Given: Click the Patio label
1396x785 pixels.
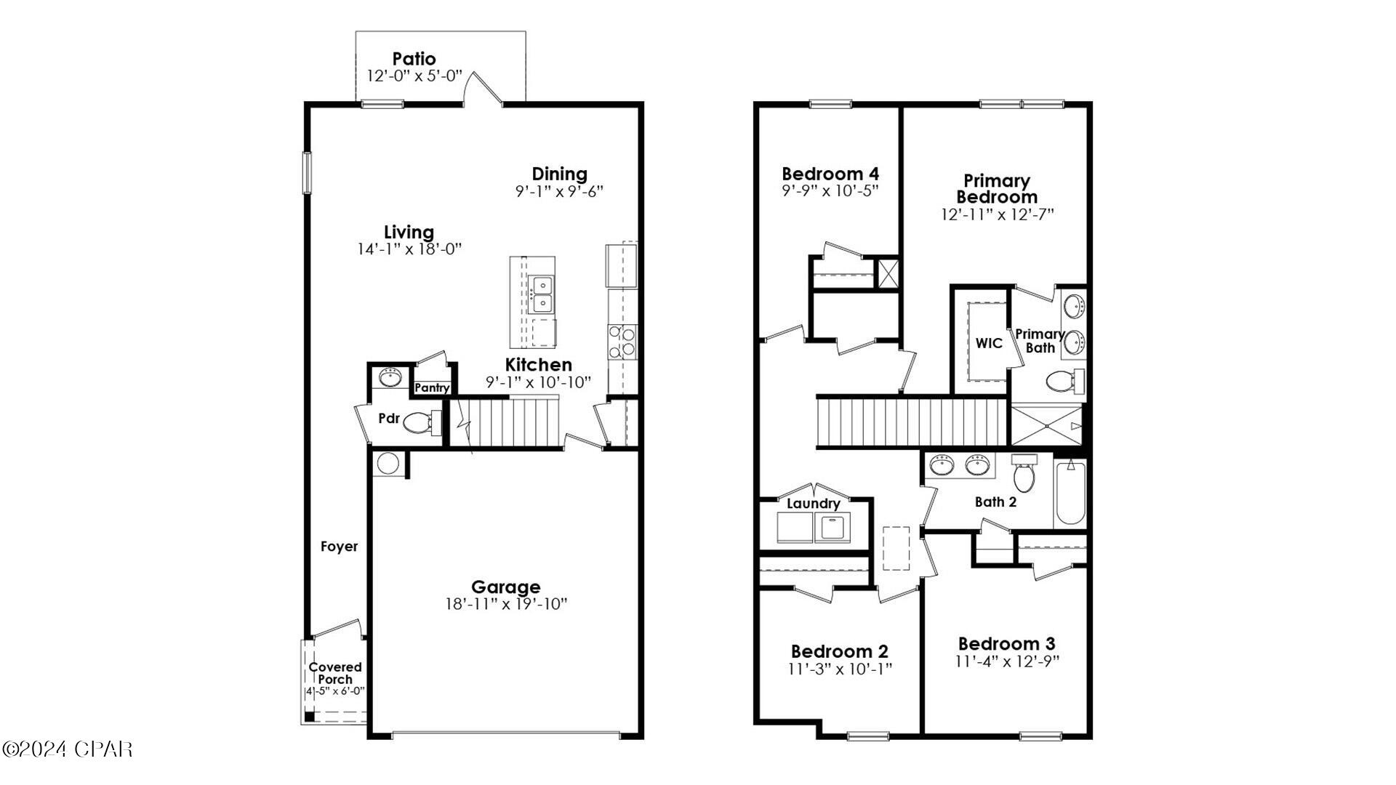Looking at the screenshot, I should [x=414, y=59].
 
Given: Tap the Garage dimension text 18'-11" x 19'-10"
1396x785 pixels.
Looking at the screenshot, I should [x=505, y=604].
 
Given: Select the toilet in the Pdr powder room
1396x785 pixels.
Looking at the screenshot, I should [x=418, y=422].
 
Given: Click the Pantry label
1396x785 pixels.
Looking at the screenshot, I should [x=432, y=388].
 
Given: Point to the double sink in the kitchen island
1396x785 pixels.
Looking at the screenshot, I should [x=540, y=293].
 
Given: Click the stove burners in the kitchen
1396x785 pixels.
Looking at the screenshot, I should [x=622, y=342].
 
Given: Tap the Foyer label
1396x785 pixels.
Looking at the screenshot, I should [x=339, y=547].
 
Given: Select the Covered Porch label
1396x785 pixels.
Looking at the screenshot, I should [x=334, y=672].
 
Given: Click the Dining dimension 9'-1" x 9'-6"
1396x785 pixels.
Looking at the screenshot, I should [x=559, y=192].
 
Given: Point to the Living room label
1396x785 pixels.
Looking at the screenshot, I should [x=409, y=232].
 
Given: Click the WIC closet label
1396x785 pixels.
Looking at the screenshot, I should [x=988, y=343].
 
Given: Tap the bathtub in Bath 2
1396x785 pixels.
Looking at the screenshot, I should [x=1070, y=492].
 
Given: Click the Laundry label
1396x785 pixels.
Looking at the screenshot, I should [x=813, y=504].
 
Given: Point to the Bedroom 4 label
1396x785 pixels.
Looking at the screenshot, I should [x=830, y=174].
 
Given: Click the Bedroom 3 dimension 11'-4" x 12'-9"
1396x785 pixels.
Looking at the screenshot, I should [x=1007, y=662].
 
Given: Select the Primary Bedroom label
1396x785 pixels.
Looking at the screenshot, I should [x=996, y=188].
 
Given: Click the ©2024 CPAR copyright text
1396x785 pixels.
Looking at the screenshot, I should [x=67, y=749].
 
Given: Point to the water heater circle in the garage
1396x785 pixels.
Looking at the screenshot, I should [x=388, y=464].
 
